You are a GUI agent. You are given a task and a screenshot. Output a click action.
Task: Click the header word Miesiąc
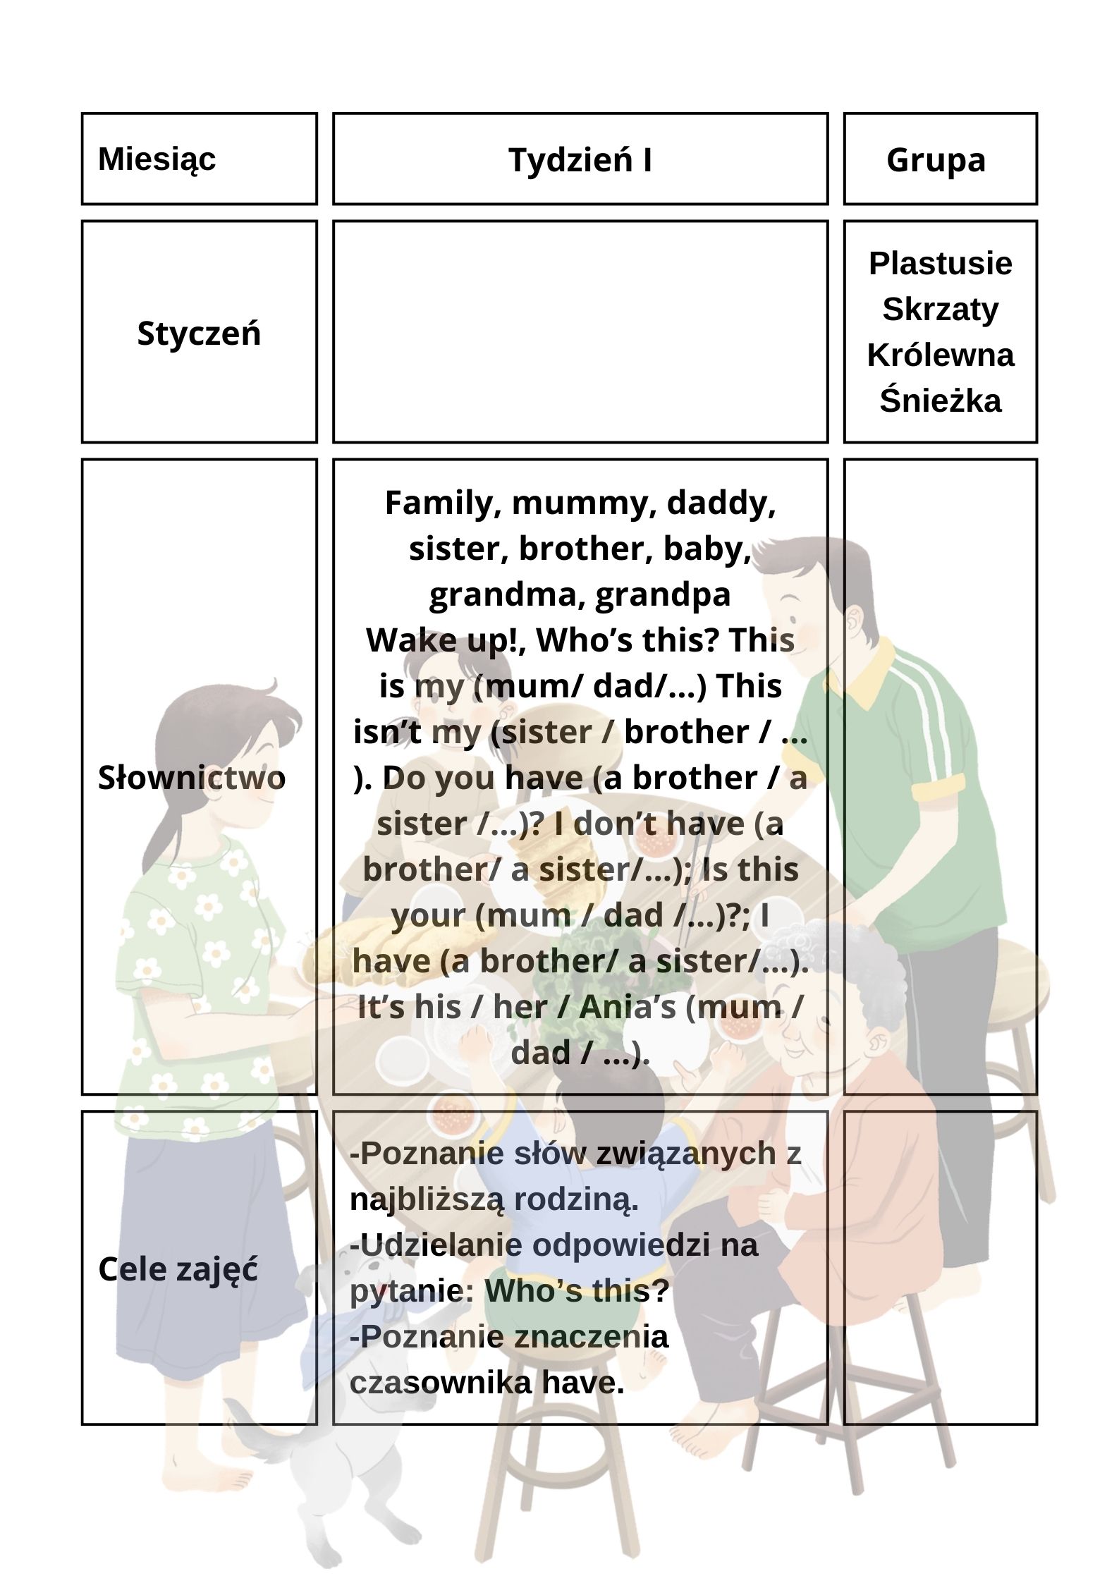[157, 159]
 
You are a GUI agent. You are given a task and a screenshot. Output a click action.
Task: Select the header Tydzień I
[580, 161]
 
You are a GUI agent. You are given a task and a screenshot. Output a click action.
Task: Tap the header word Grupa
[936, 160]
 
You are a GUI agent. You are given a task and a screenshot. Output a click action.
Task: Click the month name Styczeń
[199, 334]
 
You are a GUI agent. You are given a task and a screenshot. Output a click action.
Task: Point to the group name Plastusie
[940, 264]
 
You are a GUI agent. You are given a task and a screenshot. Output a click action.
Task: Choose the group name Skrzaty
[940, 310]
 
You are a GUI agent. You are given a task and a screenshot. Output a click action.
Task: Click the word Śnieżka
[940, 401]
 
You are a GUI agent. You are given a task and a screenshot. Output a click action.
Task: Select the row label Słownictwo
[192, 778]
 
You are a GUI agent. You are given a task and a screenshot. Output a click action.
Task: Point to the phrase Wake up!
[448, 640]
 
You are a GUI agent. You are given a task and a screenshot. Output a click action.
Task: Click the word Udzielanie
[431, 1245]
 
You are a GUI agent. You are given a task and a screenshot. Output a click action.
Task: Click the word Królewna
[940, 355]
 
